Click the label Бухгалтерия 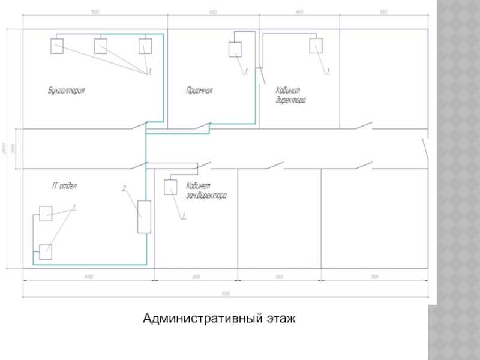coord(66,91)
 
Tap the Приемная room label coord(200,91)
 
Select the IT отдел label coord(64,186)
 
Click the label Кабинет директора coord(290,95)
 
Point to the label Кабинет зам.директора coord(206,191)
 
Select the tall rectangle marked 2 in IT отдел coord(144,216)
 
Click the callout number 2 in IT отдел coord(124,190)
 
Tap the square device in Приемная coord(235,49)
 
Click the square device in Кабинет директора coord(316,46)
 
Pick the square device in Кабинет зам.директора coord(170,187)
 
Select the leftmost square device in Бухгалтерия coord(57,46)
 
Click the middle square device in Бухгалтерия coord(100,46)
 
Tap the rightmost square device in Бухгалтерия coord(145,46)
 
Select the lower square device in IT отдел coord(46,252)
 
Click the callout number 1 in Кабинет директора coord(328,71)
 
